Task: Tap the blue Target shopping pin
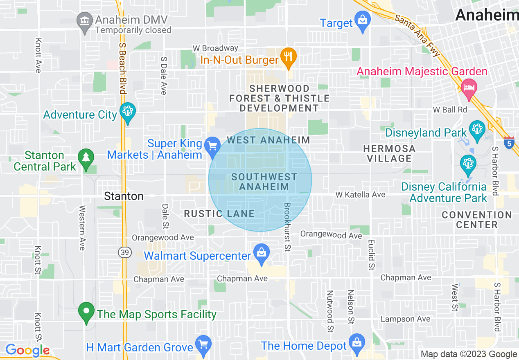coord(362,20)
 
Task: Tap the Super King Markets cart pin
coord(212,146)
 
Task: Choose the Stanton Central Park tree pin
coord(86,157)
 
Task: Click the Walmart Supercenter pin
coord(262,252)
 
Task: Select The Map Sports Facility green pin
coord(86,311)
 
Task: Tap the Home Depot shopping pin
coord(357,342)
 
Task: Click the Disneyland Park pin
coord(477,129)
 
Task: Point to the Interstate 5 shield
coord(509,143)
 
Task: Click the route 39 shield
coord(125,253)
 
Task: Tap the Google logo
coord(27,351)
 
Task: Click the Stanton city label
coord(124,196)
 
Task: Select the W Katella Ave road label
coord(360,195)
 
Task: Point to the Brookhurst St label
coord(287,227)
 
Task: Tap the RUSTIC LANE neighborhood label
coord(219,214)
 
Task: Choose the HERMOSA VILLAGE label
coord(389,153)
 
